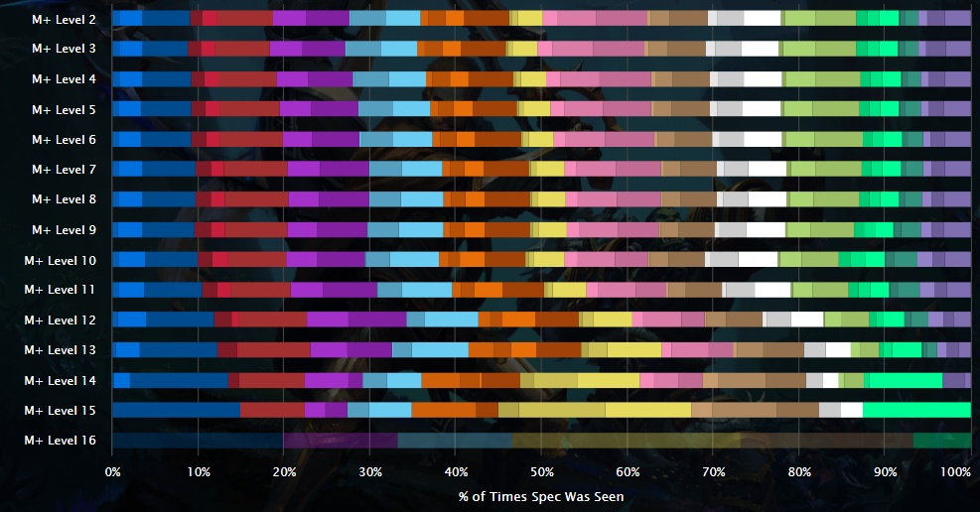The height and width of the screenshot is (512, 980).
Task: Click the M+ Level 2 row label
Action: point(64,19)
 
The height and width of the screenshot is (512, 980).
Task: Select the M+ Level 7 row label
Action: point(64,170)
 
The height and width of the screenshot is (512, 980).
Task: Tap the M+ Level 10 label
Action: point(61,260)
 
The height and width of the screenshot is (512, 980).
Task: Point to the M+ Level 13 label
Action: point(61,350)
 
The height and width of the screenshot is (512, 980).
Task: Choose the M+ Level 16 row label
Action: point(61,441)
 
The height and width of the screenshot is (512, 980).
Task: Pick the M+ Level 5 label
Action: point(64,109)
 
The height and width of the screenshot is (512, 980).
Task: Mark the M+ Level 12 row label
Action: point(61,320)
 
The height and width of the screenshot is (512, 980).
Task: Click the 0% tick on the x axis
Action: point(112,471)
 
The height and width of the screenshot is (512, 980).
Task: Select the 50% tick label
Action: point(541,471)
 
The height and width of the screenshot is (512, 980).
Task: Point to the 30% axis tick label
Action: point(369,471)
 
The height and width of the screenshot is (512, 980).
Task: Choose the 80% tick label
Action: point(799,471)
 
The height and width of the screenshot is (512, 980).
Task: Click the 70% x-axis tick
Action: point(713,471)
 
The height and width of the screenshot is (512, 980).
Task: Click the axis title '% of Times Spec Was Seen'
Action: point(541,496)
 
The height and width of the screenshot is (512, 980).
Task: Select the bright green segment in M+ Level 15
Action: point(916,410)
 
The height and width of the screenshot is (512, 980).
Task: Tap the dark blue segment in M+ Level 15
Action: point(177,410)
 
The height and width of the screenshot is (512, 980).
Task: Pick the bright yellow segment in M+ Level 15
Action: point(648,410)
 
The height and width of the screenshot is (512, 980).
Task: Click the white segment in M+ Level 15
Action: point(852,410)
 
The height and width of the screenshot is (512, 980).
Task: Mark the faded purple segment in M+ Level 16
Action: point(340,441)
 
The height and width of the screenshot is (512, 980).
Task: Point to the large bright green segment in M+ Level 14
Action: point(906,380)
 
